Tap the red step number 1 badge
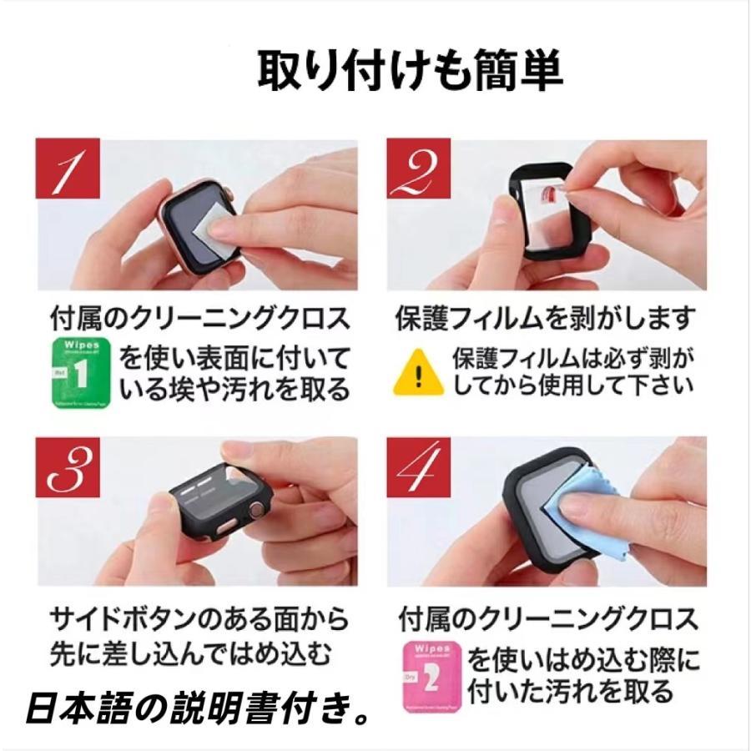click(x=68, y=169)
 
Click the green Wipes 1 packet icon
click(x=82, y=370)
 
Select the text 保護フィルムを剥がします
click(x=545, y=318)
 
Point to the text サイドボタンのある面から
click(x=199, y=618)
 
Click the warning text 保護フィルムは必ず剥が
click(x=573, y=358)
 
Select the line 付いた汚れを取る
click(x=571, y=692)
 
